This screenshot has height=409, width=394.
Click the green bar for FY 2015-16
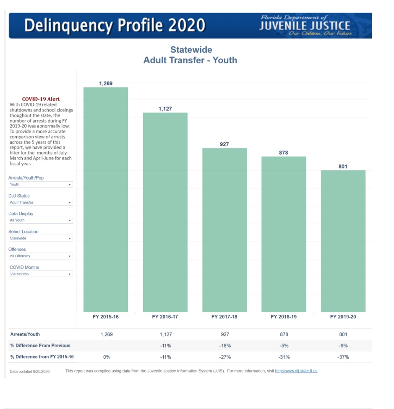click(106, 199)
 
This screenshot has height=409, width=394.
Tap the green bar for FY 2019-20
click(343, 241)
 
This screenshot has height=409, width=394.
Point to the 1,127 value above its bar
click(165, 109)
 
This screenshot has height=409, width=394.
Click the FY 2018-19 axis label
click(284, 317)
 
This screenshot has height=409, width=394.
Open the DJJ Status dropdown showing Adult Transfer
click(41, 202)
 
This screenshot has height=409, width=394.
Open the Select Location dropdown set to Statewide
click(41, 238)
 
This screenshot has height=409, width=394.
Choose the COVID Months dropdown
click(41, 274)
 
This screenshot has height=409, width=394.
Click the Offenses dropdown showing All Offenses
click(41, 256)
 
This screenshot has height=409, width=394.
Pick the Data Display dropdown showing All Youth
click(41, 220)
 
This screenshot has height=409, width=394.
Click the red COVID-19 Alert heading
click(41, 99)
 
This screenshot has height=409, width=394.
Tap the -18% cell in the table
click(224, 346)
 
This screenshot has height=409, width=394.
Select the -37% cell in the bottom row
click(343, 357)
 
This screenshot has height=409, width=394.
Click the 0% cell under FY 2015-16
click(107, 357)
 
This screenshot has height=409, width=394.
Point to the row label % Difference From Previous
click(40, 346)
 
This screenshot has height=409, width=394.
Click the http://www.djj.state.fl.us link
click(296, 371)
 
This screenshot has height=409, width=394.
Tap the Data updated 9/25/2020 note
click(29, 371)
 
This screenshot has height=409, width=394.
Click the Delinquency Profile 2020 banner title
click(115, 26)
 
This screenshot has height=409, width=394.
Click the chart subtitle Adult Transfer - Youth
click(190, 60)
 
